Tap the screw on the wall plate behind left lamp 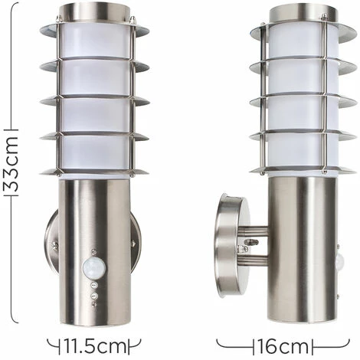55,246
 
